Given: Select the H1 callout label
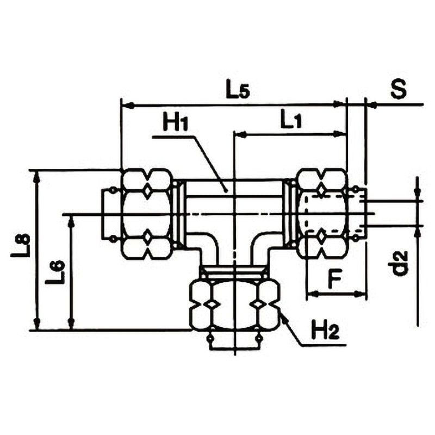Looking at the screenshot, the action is (176, 123).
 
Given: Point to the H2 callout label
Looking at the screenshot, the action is (325, 330).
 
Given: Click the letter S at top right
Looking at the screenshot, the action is (399, 89).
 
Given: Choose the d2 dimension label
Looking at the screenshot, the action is (401, 263).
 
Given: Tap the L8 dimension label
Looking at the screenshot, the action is (21, 245).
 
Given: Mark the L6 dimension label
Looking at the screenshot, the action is (55, 272).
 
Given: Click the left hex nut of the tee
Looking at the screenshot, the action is (146, 214).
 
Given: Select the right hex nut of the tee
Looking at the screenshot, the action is (322, 214).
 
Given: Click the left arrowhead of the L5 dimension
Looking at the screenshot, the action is (128, 105).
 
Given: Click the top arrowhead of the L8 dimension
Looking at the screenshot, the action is (36, 177).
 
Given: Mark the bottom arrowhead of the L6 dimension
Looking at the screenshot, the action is (72, 324).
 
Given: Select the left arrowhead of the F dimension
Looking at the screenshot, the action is (312, 293).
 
